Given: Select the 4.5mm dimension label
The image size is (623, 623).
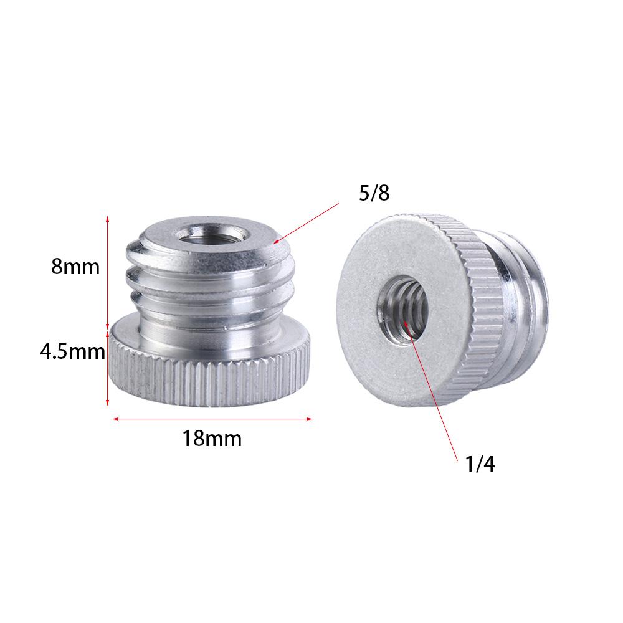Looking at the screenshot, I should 72,352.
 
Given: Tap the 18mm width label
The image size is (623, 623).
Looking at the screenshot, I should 212,439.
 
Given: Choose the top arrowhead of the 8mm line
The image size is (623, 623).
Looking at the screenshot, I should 108,218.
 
